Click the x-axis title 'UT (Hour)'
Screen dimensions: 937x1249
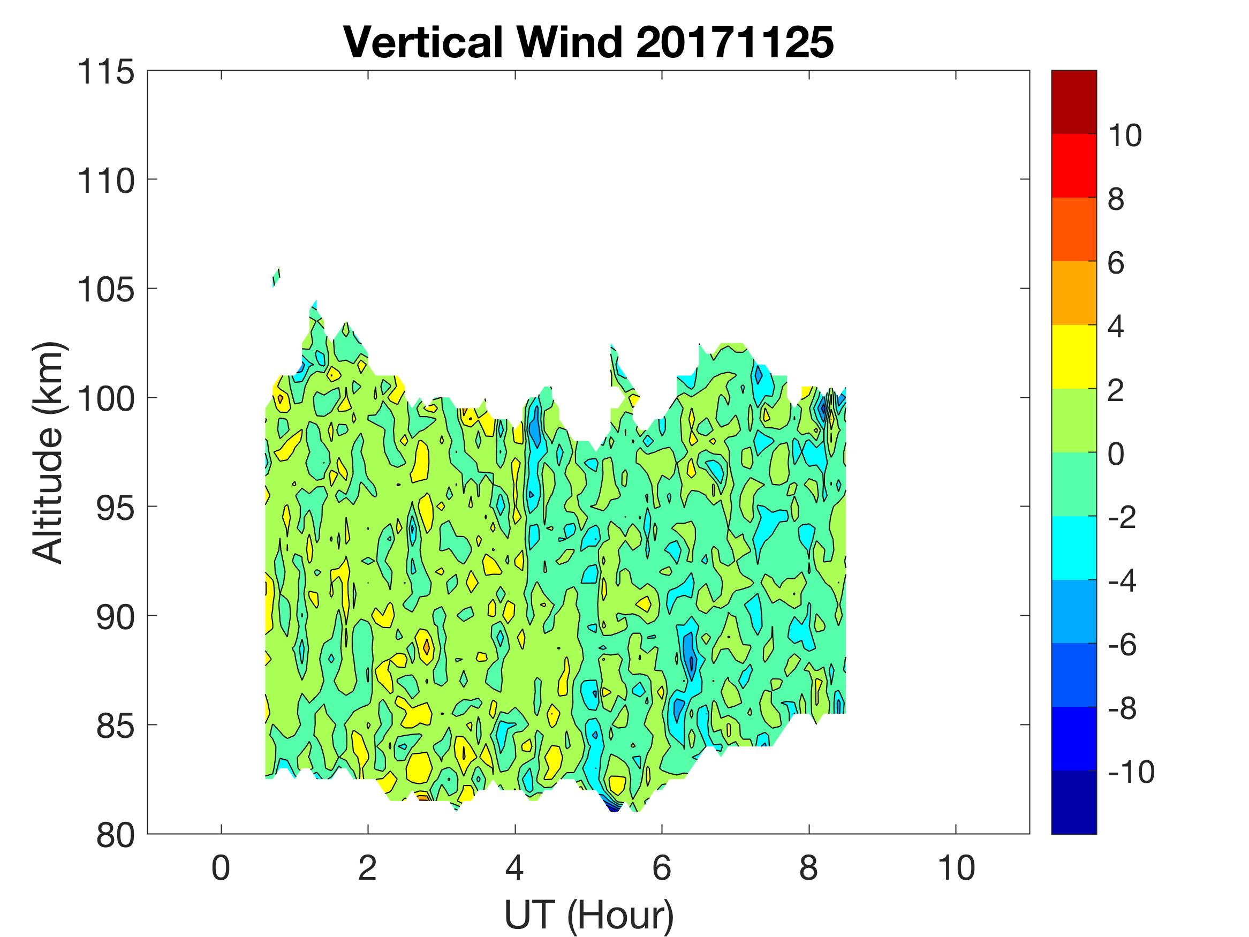[x=589, y=914]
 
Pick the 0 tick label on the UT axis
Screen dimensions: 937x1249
[x=221, y=868]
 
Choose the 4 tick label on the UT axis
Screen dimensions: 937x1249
[x=514, y=868]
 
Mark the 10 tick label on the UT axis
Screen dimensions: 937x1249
[x=956, y=868]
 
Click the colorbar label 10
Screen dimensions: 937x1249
[x=1124, y=135]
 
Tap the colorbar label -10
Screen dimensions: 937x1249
[x=1131, y=772]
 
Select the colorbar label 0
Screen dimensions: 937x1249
[x=1116, y=454]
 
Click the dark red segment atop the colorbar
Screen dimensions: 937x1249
[x=1073, y=102]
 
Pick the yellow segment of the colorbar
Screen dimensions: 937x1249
[x=1073, y=357]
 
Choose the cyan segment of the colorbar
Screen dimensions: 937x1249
[x=1073, y=548]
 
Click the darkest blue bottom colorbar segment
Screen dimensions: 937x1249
[x=1073, y=802]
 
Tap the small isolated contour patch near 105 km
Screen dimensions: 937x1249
[x=276, y=277]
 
